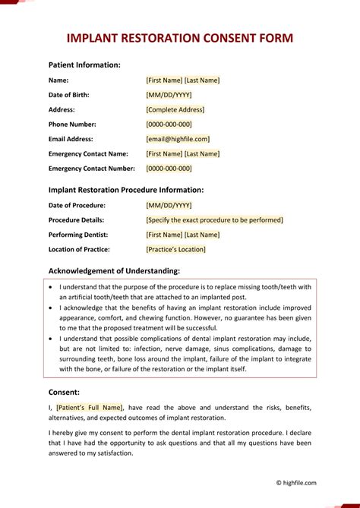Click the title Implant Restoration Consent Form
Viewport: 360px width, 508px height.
[x=180, y=38]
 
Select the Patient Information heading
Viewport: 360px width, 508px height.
[x=84, y=65]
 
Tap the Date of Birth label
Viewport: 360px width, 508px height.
[x=68, y=95]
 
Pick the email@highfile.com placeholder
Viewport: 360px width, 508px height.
[x=178, y=139]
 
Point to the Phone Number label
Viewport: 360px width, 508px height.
[x=72, y=125]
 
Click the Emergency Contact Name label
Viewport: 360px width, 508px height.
[x=88, y=153]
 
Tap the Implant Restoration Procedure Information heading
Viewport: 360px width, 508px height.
[x=126, y=190]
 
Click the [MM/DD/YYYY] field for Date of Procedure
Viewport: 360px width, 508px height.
[x=169, y=205]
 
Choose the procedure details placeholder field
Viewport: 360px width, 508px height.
[x=214, y=220]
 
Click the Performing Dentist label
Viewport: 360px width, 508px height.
[x=78, y=235]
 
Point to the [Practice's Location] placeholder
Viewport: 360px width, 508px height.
[x=175, y=249]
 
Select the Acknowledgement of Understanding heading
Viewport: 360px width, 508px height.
[x=114, y=270]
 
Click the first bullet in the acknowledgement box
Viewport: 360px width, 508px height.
[x=50, y=288]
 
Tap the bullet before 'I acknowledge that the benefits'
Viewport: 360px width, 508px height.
[x=50, y=310]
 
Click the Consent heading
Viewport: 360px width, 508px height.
[x=64, y=392]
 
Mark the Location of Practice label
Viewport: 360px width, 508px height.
[x=79, y=249]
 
